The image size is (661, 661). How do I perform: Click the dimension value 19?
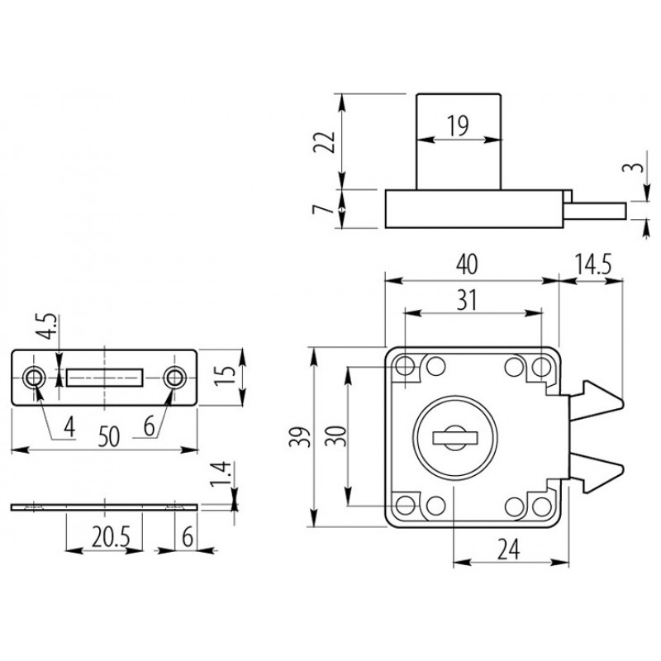pyautogui.click(x=458, y=126)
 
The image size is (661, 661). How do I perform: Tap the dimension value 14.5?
pyautogui.click(x=593, y=264)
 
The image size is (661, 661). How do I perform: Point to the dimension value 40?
pyautogui.click(x=467, y=264)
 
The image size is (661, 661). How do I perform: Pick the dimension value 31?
pyautogui.click(x=467, y=300)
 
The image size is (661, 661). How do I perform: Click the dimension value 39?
pyautogui.click(x=300, y=437)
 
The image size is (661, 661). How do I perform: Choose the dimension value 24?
pyautogui.click(x=508, y=549)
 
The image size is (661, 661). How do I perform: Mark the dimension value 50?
pyautogui.click(x=109, y=436)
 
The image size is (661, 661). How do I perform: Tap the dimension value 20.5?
pyautogui.click(x=111, y=537)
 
